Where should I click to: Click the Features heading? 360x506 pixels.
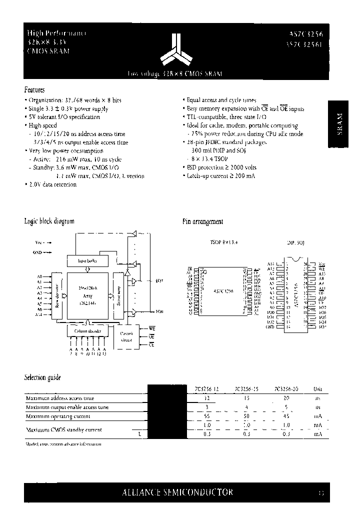pyautogui.click(x=34, y=90)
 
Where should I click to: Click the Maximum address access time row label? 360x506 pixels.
pyautogui.click(x=59, y=398)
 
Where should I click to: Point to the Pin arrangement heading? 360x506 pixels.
pyautogui.click(x=202, y=221)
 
